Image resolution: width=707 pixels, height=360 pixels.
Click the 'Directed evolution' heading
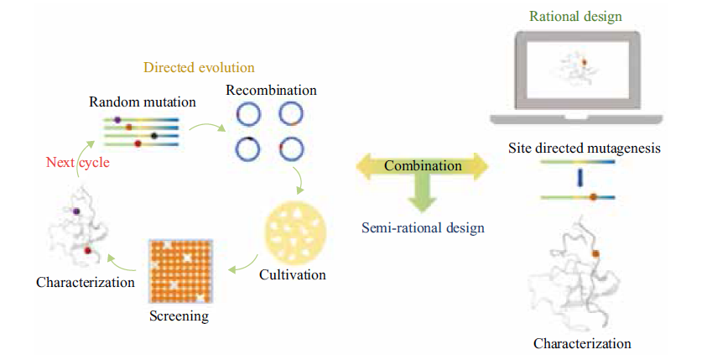point(199,68)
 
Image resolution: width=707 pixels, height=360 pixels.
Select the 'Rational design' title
point(575,16)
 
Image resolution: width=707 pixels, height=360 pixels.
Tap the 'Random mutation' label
point(143,102)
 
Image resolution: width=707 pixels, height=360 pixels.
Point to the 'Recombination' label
point(271,91)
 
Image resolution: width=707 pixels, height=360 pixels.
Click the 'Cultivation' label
point(292,274)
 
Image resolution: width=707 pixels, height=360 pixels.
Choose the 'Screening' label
point(179,316)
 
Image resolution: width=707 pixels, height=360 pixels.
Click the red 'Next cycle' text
point(77,163)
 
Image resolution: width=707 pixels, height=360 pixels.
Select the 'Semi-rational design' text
point(423,227)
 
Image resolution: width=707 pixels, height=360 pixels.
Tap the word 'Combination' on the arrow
point(423,166)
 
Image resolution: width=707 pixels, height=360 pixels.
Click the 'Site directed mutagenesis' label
point(585,148)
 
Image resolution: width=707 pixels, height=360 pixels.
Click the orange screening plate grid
point(180,271)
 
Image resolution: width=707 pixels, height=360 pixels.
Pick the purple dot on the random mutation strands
point(117,120)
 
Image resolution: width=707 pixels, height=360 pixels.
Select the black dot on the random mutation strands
point(154,136)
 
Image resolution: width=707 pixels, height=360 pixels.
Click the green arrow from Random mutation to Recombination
point(207,128)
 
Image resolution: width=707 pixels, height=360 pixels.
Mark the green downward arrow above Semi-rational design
point(423,192)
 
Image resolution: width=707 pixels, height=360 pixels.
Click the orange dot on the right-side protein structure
point(595,254)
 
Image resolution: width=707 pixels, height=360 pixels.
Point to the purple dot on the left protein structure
point(76,211)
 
